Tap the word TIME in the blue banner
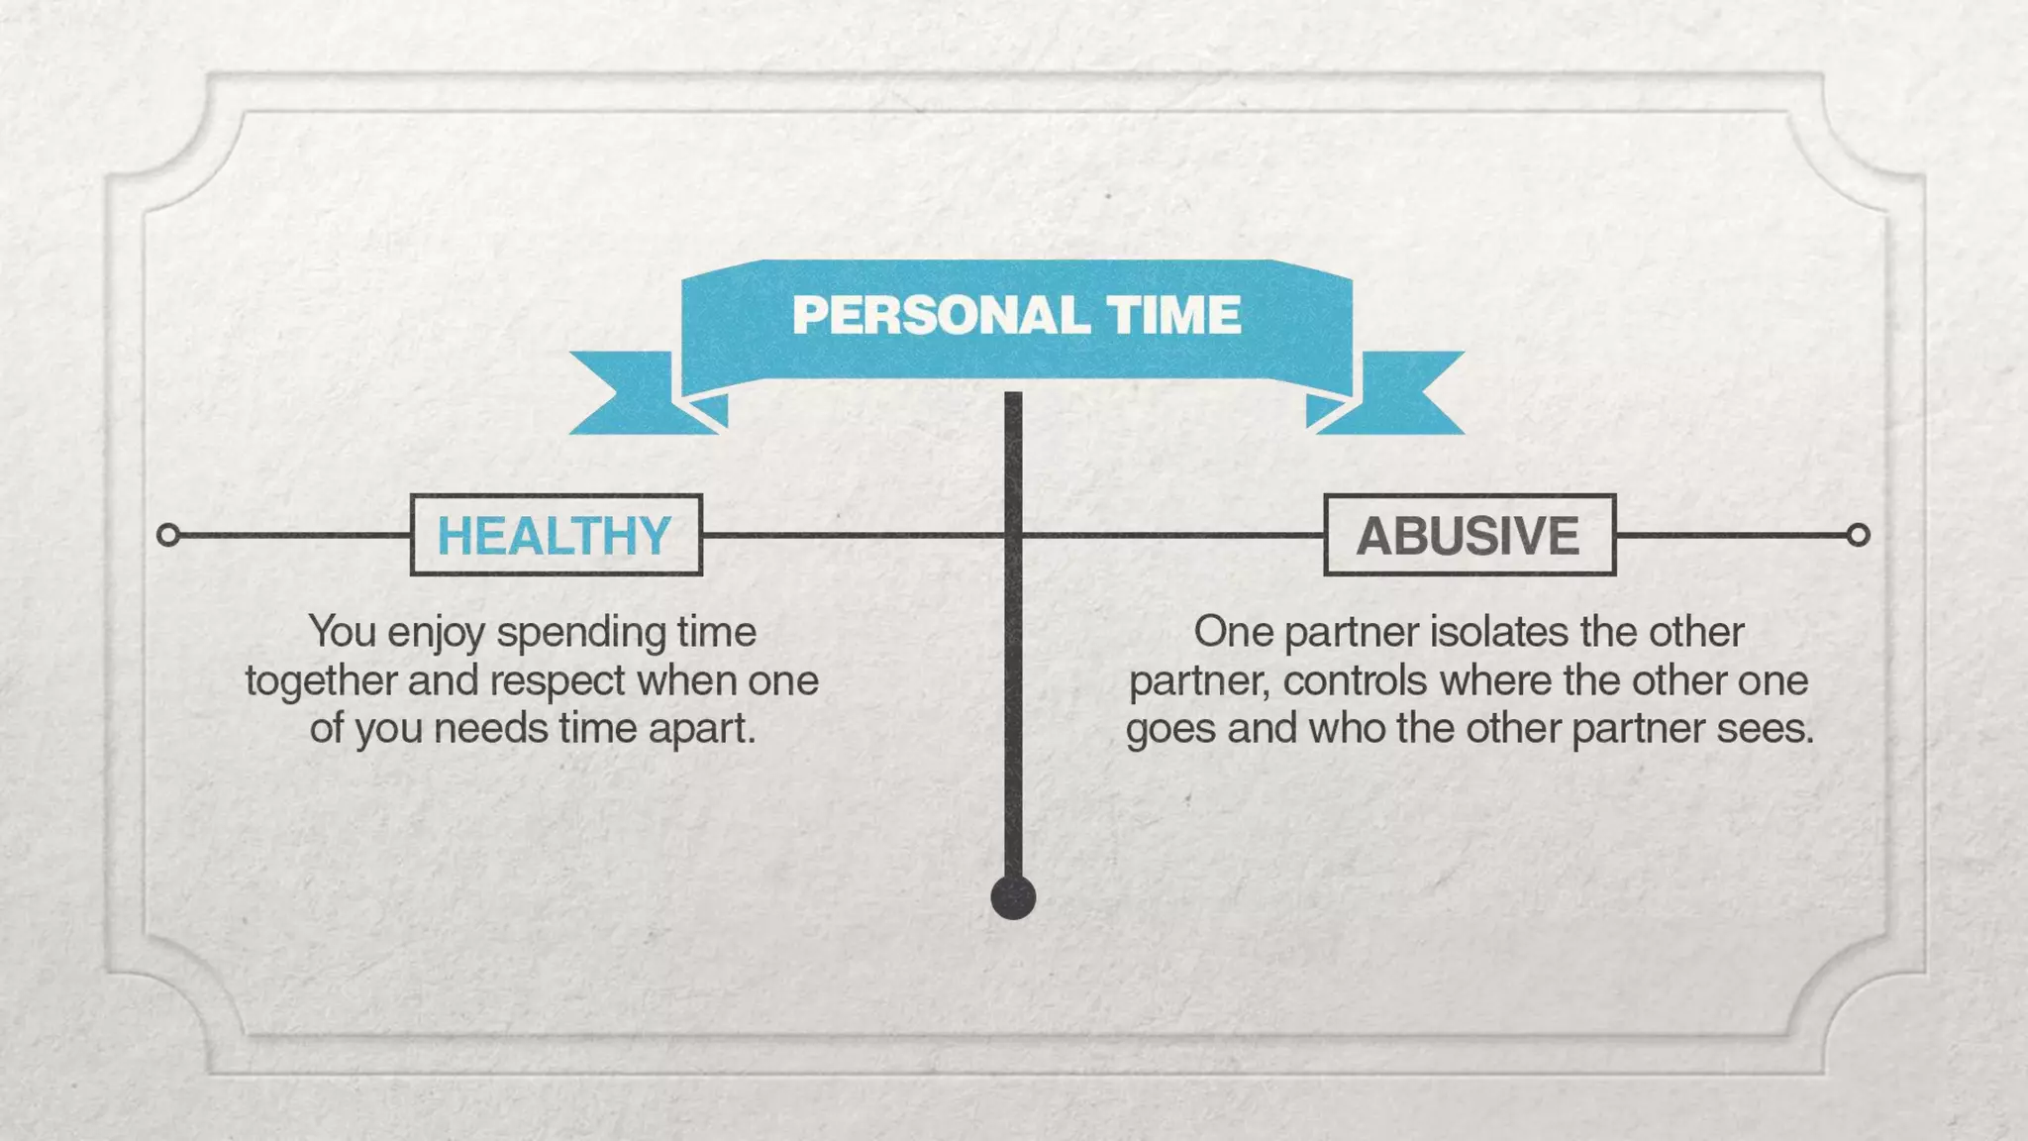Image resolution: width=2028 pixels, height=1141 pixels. [1174, 316]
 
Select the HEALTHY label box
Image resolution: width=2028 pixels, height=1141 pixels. [556, 535]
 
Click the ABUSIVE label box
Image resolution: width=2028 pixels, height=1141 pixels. [1469, 535]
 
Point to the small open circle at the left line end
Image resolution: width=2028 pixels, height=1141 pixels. [168, 535]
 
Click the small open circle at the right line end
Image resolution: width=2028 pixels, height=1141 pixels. [1858, 535]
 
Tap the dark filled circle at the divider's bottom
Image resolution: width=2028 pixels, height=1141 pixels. [1013, 897]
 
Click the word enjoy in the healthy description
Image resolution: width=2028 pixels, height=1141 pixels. [437, 633]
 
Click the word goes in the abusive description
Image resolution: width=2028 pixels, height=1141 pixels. [1171, 730]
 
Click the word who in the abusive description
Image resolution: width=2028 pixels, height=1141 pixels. [1348, 729]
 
